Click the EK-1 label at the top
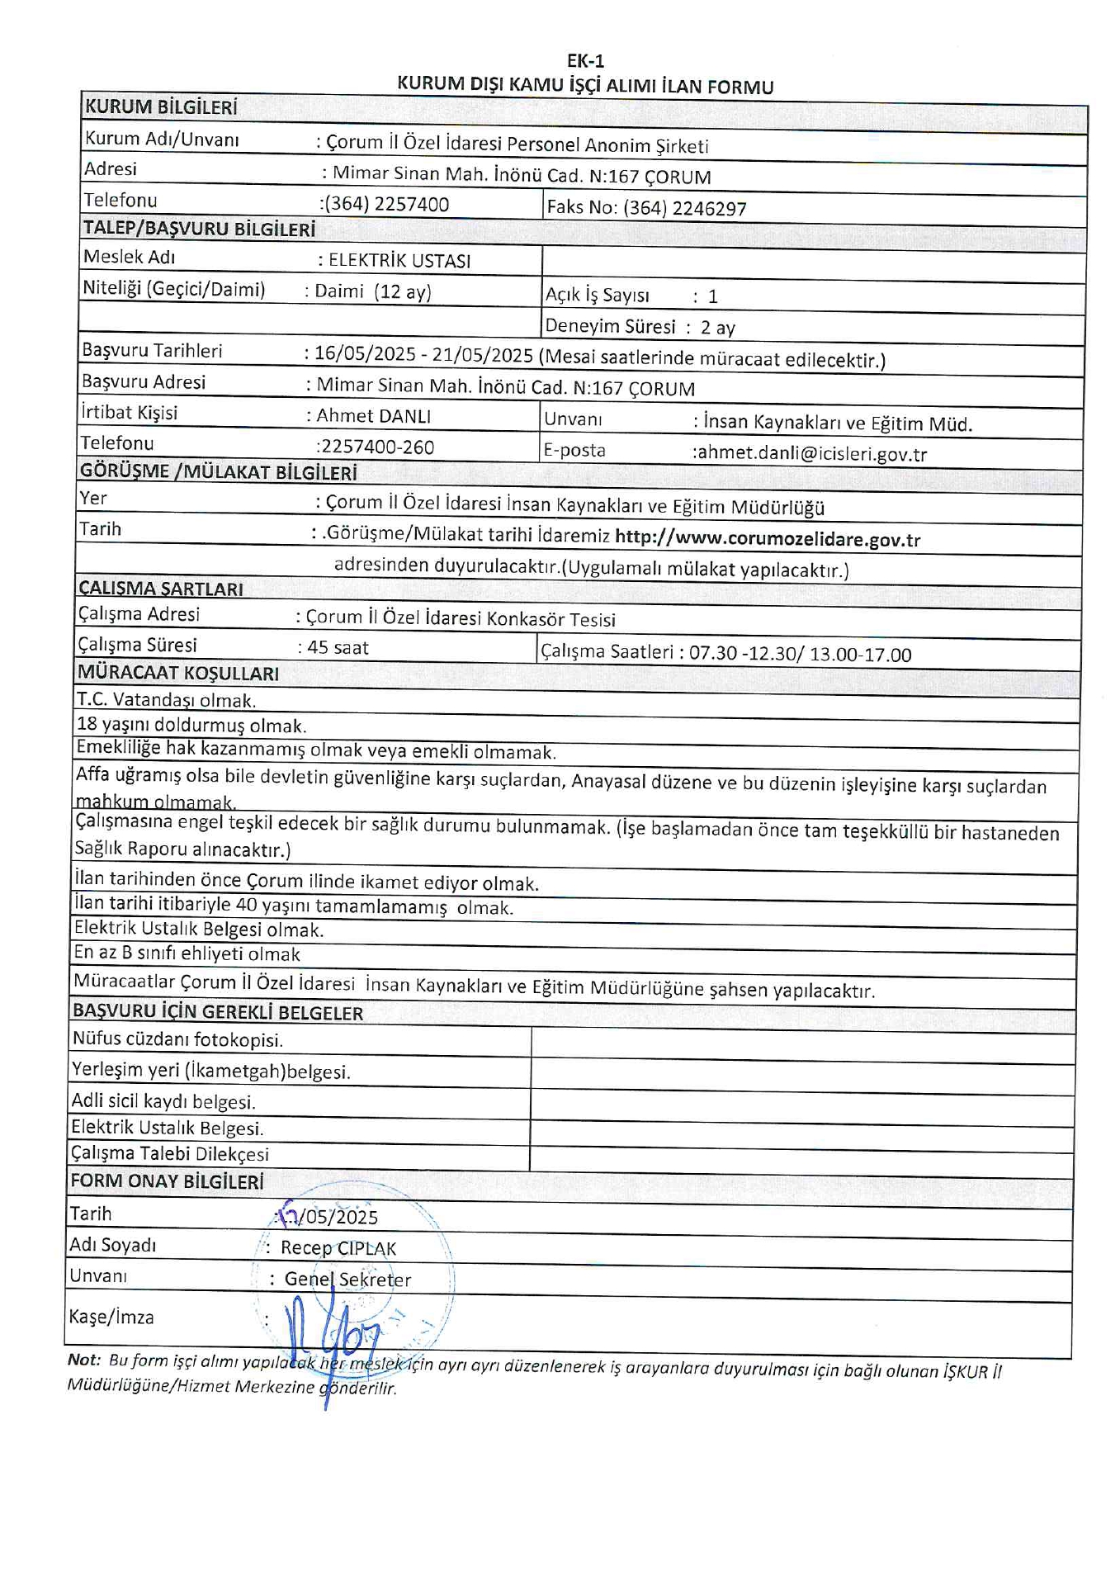(585, 61)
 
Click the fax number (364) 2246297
(684, 208)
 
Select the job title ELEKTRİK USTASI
(399, 261)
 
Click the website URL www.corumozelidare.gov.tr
(768, 539)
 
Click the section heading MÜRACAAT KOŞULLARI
(178, 673)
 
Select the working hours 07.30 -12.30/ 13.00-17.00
(800, 655)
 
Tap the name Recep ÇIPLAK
(338, 1248)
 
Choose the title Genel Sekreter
(347, 1280)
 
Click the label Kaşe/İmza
(111, 1317)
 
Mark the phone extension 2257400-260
(376, 447)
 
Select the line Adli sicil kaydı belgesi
(163, 1101)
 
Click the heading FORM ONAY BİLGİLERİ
(167, 1181)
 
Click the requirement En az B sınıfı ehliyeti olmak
(187, 953)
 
